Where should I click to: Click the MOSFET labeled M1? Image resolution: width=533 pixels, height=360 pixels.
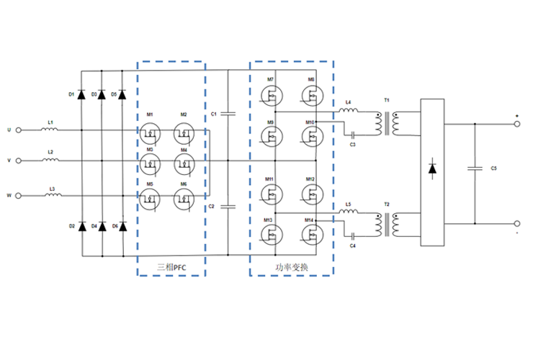point(150,131)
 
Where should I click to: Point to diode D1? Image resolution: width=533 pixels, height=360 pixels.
point(81,94)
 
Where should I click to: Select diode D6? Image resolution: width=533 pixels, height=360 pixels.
point(122,227)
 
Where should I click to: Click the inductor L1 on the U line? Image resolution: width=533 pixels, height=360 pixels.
point(50,130)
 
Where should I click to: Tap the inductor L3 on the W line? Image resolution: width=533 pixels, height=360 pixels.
point(50,195)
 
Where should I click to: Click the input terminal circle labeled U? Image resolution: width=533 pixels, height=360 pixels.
point(18,130)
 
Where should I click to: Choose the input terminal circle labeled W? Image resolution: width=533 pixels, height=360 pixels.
point(18,195)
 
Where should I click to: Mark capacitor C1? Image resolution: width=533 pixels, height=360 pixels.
point(228,114)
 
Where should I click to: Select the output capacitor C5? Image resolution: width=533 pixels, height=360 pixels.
point(475,168)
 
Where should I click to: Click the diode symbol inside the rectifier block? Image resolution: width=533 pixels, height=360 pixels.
point(432,168)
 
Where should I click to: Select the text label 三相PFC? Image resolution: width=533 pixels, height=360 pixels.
point(171,266)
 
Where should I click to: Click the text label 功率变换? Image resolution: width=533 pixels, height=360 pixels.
point(292,266)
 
